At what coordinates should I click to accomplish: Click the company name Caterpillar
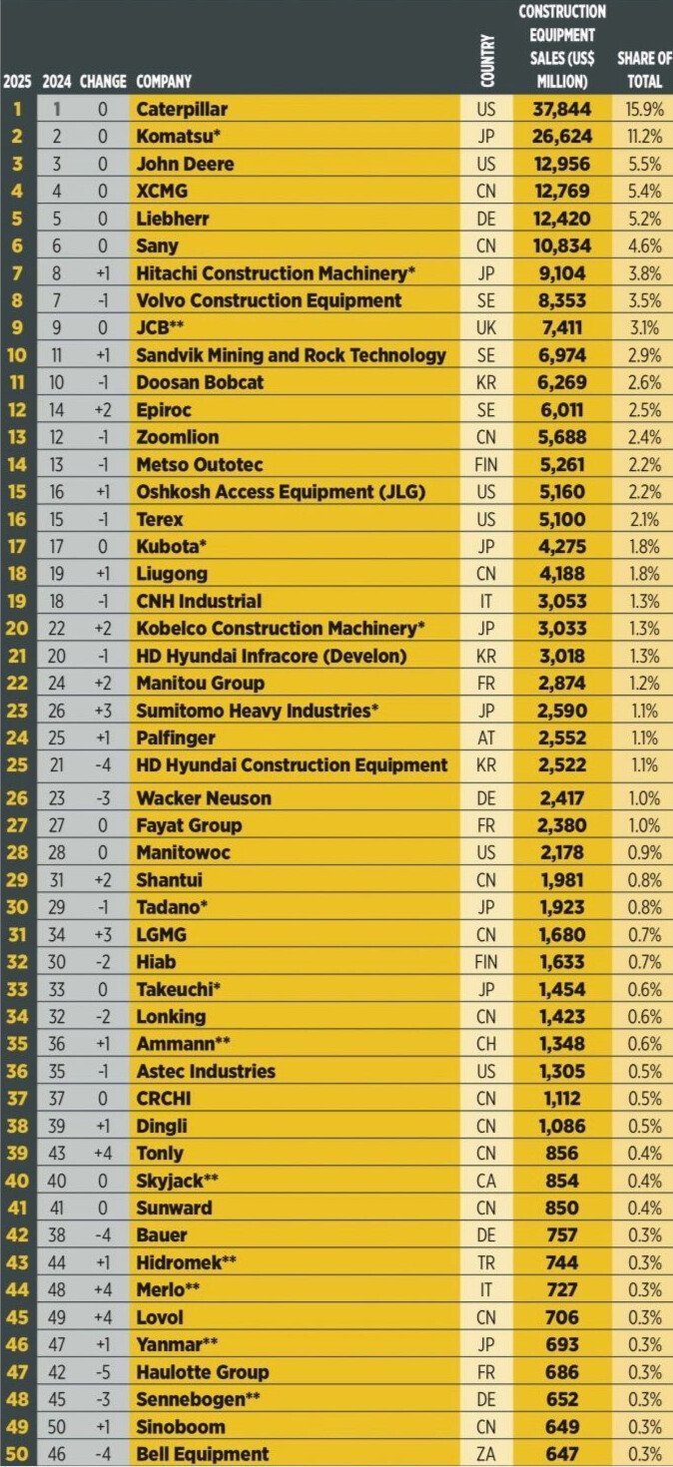(x=181, y=109)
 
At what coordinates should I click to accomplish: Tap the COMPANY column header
(x=164, y=81)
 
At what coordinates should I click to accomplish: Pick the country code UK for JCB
(x=488, y=327)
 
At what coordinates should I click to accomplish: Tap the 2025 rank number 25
(x=18, y=765)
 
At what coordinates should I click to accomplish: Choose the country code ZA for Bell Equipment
(x=488, y=1454)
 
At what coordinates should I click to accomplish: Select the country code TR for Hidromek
(x=488, y=1262)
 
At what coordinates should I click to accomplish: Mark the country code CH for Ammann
(x=488, y=1044)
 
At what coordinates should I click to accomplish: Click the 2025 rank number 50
(x=18, y=1454)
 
